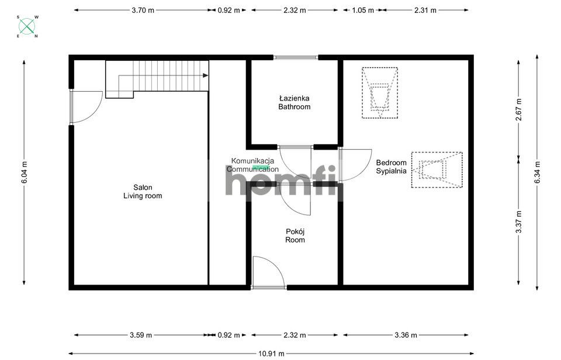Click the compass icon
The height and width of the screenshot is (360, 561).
coord(27,26)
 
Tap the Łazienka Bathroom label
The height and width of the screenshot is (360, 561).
coord(295,102)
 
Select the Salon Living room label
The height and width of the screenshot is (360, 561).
coord(143,192)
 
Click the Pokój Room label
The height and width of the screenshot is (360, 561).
coord(295,236)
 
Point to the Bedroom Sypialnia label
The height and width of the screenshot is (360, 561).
coord(392,167)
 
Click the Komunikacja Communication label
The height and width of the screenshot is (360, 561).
coord(252,165)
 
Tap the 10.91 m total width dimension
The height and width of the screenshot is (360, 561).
coord(271,354)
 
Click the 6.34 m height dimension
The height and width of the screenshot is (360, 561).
coord(538,172)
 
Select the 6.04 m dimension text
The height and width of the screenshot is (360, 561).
coord(25,172)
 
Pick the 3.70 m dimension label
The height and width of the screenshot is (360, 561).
coord(143,11)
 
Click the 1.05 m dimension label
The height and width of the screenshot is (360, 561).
coord(363,11)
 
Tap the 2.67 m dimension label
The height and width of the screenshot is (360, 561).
coord(519,109)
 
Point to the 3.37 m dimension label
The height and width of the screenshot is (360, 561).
coord(519,221)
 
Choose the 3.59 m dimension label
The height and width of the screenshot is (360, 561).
coord(141,335)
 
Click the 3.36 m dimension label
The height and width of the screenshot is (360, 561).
coord(406,335)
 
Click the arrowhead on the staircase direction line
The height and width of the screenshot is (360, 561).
coord(205,75)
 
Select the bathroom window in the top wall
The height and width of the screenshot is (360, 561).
coord(296,57)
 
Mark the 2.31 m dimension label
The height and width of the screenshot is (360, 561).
coord(425,11)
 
